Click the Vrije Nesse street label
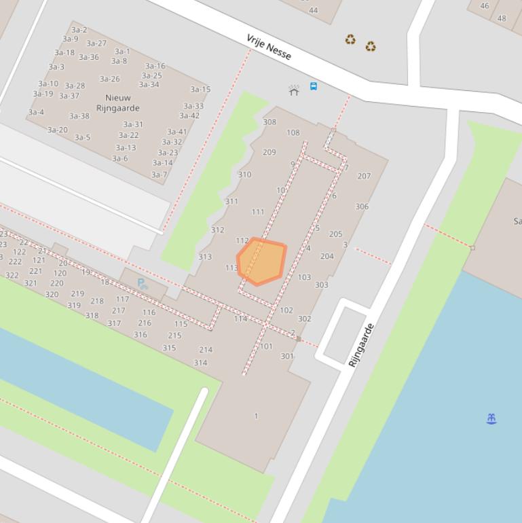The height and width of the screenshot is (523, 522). pos(269,47)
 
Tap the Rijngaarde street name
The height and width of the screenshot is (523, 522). pos(361,345)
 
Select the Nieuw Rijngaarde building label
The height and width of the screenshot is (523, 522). pos(117,103)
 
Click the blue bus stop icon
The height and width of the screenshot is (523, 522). pos(314,86)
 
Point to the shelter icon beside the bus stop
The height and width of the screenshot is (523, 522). pos(294,90)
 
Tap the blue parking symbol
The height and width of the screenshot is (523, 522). pos(143,283)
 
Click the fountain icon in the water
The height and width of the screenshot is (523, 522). pos(492,419)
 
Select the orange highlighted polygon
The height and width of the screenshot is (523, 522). pos(262,261)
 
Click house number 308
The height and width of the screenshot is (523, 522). pos(269,122)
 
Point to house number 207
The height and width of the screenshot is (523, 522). pos(364,176)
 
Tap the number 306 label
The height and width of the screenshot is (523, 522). pos(362,206)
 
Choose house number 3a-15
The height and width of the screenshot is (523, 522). pos(200,89)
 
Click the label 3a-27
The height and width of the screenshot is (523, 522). pos(96,43)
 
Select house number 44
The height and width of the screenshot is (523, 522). pos(313,10)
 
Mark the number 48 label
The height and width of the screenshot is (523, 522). pos(502,18)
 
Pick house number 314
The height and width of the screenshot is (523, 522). pos(200,363)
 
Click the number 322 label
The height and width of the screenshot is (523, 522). pos(12,275)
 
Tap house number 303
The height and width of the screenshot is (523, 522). pos(321,285)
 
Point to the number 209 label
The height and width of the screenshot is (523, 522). pos(269,152)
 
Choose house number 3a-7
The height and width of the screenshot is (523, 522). pos(159,175)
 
